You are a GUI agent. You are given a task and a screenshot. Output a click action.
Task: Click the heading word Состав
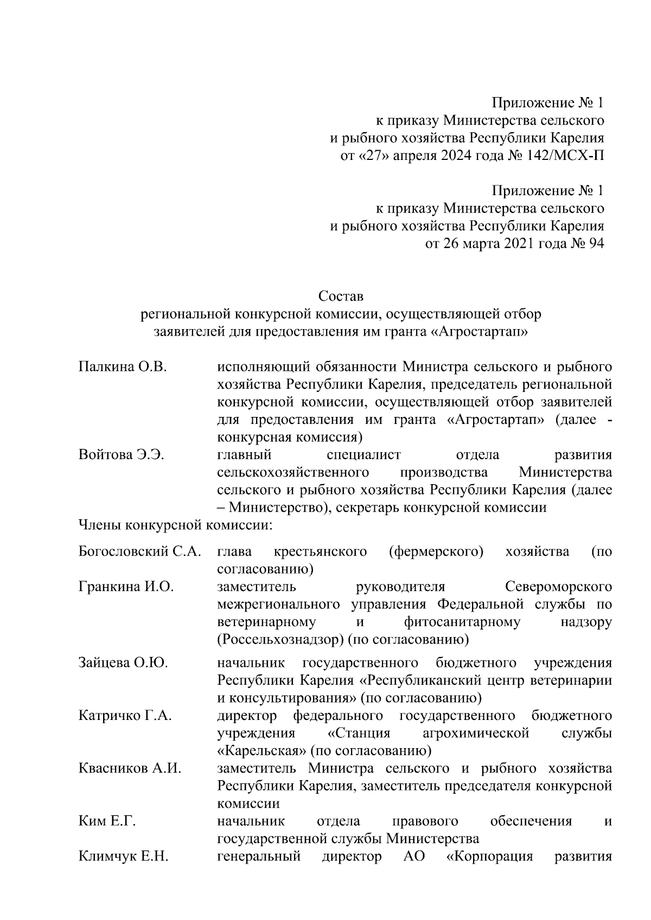coord(340,297)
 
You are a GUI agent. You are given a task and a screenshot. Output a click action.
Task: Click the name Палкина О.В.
coord(122,367)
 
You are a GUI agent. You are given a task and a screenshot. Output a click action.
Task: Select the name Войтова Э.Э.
coord(121,455)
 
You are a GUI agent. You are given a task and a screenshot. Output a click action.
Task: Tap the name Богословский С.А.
coord(140,552)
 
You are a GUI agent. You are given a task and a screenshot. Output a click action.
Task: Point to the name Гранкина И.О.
coord(126,587)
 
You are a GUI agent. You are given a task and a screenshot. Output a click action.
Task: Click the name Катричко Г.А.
coord(125,716)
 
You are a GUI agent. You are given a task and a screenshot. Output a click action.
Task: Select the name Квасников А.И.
coord(130,769)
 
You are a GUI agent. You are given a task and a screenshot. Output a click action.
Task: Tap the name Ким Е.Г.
coord(107,821)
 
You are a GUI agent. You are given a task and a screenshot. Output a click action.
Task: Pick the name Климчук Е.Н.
coord(123,857)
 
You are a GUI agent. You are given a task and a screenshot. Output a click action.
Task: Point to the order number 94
coord(595,243)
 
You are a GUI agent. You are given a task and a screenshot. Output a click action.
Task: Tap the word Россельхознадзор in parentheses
coord(281,640)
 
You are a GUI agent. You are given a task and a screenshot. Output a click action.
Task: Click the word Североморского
coord(558,587)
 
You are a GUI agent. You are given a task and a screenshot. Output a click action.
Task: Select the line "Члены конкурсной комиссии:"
coord(175,525)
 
